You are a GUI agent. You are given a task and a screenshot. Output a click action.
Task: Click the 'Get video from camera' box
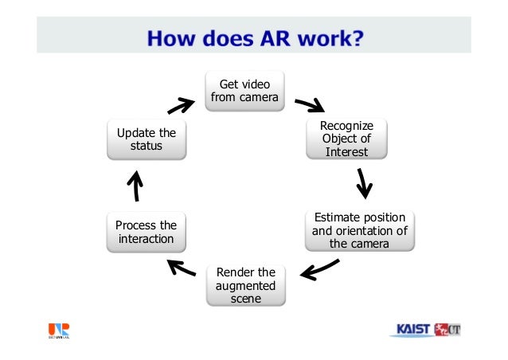(244, 91)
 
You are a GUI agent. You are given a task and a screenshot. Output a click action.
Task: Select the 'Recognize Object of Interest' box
(346, 139)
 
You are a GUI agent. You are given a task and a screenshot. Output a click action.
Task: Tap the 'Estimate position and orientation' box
(359, 230)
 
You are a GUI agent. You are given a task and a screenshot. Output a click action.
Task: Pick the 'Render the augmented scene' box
(245, 285)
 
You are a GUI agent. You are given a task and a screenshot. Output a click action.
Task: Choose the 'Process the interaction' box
(146, 232)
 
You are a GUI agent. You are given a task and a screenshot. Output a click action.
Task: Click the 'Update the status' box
(146, 139)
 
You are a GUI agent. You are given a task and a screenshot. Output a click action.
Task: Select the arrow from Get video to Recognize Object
(310, 105)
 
